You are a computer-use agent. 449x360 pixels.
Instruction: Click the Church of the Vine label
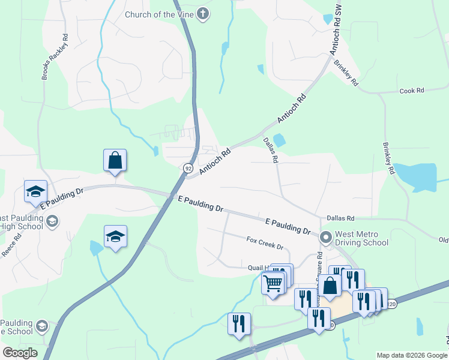(x=160, y=14)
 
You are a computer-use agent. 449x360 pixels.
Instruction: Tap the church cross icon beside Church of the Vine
(x=203, y=14)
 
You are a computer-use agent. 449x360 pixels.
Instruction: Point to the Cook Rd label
(x=412, y=91)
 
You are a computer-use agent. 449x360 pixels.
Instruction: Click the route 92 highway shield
(x=188, y=168)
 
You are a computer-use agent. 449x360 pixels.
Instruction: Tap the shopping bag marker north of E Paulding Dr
(x=115, y=161)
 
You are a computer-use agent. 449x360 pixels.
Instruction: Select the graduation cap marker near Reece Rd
(x=35, y=191)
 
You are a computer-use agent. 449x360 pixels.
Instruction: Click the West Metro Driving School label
(x=362, y=238)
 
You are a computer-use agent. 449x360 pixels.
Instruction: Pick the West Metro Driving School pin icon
(x=326, y=238)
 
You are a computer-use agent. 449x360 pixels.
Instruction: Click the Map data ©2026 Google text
(x=411, y=355)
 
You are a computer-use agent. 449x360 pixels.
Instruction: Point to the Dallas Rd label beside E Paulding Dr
(x=340, y=218)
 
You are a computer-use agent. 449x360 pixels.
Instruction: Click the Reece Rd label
(x=12, y=244)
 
